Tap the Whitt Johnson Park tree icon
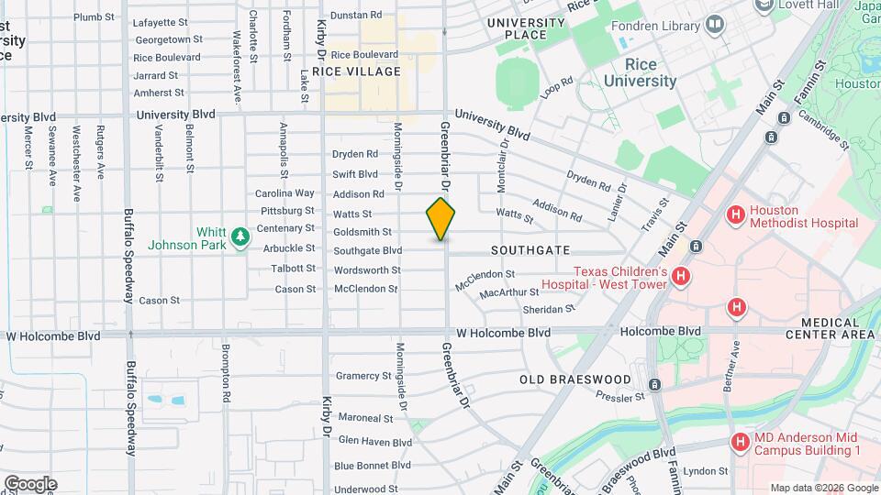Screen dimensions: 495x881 coord(240,238)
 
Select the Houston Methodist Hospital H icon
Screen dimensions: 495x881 coord(734,215)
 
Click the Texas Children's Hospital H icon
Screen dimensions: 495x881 coord(680,277)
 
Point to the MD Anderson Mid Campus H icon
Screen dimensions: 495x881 coord(741,443)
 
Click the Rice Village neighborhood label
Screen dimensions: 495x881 coord(356,71)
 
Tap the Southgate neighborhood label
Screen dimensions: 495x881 coord(530,250)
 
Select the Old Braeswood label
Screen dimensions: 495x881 coord(574,379)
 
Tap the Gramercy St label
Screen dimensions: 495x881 coord(363,376)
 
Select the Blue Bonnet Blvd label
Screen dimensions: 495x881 coord(373,466)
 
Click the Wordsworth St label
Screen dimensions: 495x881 coord(367,270)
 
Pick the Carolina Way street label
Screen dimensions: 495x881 coord(284,193)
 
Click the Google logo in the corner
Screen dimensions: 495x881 coord(30,484)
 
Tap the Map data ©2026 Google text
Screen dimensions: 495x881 coord(823,488)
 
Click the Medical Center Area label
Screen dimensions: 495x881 coord(837,328)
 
